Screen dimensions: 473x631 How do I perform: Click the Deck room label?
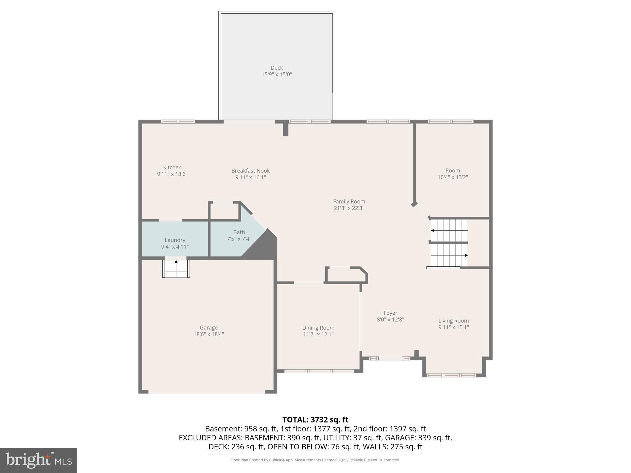pyautogui.click(x=277, y=68)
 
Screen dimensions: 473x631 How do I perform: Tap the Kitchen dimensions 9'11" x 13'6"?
pyautogui.click(x=172, y=174)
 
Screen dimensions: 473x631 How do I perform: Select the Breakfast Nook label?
pyautogui.click(x=250, y=171)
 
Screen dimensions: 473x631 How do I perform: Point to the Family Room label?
pyautogui.click(x=349, y=201)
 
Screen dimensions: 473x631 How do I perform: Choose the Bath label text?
pyautogui.click(x=239, y=232)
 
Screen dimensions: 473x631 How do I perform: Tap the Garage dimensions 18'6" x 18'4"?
pyautogui.click(x=209, y=334)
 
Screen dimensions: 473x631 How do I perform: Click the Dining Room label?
pyautogui.click(x=318, y=328)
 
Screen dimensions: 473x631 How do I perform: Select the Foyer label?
pyautogui.click(x=390, y=313)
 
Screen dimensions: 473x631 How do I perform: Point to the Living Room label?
pyautogui.click(x=453, y=321)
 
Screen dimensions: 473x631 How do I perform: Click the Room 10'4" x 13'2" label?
pyautogui.click(x=453, y=171)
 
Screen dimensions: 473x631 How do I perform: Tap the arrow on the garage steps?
pyautogui.click(x=176, y=262)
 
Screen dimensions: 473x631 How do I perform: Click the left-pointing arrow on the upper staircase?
pyautogui.click(x=433, y=230)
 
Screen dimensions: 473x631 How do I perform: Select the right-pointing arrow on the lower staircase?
pyautogui.click(x=466, y=255)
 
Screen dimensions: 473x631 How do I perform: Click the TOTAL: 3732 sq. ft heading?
pyautogui.click(x=315, y=420)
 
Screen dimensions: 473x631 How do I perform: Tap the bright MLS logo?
pyautogui.click(x=39, y=460)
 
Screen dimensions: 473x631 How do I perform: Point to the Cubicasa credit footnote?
pyautogui.click(x=315, y=460)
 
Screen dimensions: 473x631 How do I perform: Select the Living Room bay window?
pyautogui.click(x=451, y=375)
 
